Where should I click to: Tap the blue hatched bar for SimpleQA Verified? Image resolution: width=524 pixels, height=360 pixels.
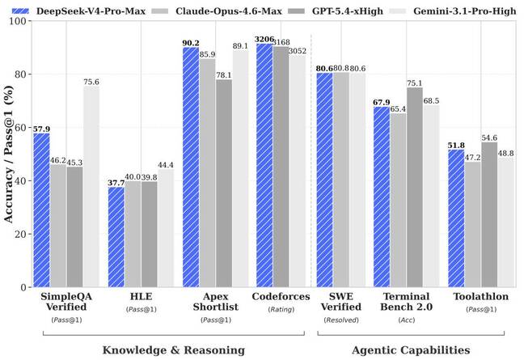[x=40, y=210]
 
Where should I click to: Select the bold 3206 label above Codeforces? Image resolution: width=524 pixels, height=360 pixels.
[x=263, y=37]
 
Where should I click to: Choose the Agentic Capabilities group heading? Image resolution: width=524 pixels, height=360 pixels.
[x=410, y=349]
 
